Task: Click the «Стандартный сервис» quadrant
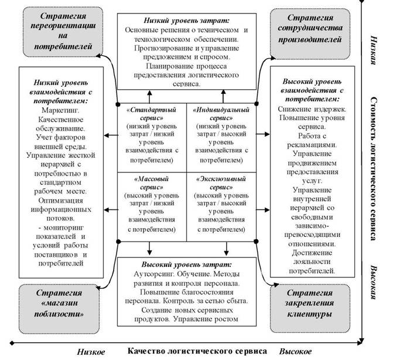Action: tap(152, 138)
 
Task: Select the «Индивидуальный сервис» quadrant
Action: tap(221, 138)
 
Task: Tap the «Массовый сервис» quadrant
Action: tap(152, 207)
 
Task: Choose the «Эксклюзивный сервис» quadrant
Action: tap(221, 207)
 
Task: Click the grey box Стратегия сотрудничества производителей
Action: tap(310, 34)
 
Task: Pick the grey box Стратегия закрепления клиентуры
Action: tap(310, 308)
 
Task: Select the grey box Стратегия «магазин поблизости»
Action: tap(59, 309)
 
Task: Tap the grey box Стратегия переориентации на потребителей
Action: tap(63, 32)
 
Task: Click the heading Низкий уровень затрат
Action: tap(187, 21)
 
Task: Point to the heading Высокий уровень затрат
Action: tap(187, 264)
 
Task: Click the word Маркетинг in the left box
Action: tap(60, 110)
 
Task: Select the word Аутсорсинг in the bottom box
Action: tap(153, 274)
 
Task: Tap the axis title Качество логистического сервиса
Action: tap(197, 351)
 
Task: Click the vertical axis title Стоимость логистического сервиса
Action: tap(374, 169)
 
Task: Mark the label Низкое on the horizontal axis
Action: tap(91, 352)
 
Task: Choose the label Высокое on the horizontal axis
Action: tap(296, 351)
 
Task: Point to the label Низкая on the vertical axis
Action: tap(374, 50)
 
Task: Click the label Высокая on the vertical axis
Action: tap(374, 282)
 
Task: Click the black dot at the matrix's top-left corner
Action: tap(118, 104)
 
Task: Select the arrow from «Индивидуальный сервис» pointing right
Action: tap(263, 134)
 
